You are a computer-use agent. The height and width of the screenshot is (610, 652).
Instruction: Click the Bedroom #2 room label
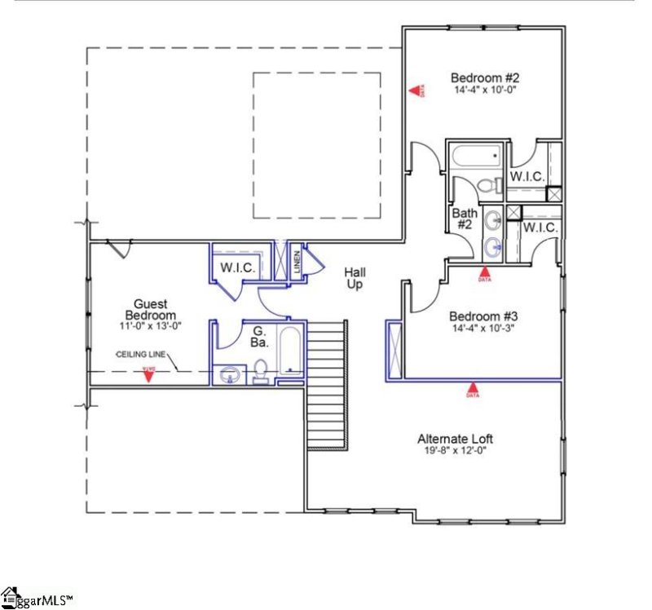coord(479,77)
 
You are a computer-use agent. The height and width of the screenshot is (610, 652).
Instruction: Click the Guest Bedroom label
coord(151,310)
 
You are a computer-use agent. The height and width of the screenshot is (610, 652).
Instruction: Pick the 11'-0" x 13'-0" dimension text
coord(151,325)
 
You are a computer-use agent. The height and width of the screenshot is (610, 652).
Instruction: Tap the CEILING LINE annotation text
coord(143,354)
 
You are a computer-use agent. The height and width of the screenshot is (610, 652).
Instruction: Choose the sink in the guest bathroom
coord(229,375)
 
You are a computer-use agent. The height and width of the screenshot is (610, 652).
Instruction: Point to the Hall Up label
coord(354,278)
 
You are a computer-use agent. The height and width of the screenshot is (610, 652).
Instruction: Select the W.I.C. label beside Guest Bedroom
coord(237,267)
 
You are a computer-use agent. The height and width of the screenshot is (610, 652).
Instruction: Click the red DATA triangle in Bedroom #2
coord(415,91)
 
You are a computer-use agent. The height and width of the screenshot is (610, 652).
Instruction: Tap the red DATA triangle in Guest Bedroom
coord(148,374)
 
